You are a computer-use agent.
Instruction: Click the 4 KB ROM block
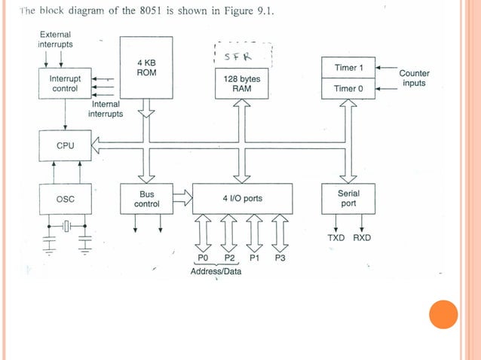(x=146, y=68)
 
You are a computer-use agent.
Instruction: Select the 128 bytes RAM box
(x=242, y=83)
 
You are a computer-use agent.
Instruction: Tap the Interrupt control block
(x=65, y=84)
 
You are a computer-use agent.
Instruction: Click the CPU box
(x=65, y=145)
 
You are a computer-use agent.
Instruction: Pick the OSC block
(x=65, y=199)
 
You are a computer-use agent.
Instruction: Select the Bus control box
(x=146, y=199)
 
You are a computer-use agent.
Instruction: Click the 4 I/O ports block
(x=242, y=199)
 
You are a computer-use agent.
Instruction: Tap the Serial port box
(x=348, y=199)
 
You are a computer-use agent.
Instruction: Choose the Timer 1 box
(x=348, y=68)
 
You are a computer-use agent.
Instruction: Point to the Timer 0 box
(x=348, y=89)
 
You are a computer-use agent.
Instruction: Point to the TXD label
(x=336, y=238)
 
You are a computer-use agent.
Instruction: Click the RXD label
(x=362, y=238)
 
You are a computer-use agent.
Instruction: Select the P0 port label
(x=203, y=258)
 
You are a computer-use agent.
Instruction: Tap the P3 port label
(x=280, y=258)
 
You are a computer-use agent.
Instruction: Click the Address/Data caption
(x=216, y=271)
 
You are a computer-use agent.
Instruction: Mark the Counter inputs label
(x=413, y=78)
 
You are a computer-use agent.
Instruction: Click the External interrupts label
(x=56, y=40)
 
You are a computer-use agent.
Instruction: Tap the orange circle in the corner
(x=443, y=315)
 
